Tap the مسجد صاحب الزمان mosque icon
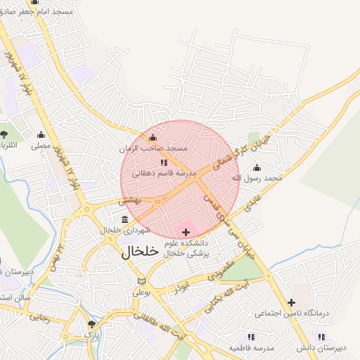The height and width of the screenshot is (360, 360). click(x=153, y=137)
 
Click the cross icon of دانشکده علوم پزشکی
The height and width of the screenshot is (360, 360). click(x=186, y=232)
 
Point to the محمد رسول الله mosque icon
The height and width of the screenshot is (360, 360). click(x=256, y=167)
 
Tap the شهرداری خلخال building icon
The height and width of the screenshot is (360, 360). click(x=124, y=219)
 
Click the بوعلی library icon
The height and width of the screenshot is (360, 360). click(x=142, y=281)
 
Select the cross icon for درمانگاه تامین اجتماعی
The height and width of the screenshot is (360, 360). click(x=291, y=302)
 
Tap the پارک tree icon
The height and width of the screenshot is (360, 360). click(x=91, y=325)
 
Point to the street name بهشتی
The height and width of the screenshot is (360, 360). click(x=130, y=200)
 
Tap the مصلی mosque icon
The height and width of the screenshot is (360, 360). click(x=41, y=135)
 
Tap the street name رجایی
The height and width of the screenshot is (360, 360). click(x=39, y=318)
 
